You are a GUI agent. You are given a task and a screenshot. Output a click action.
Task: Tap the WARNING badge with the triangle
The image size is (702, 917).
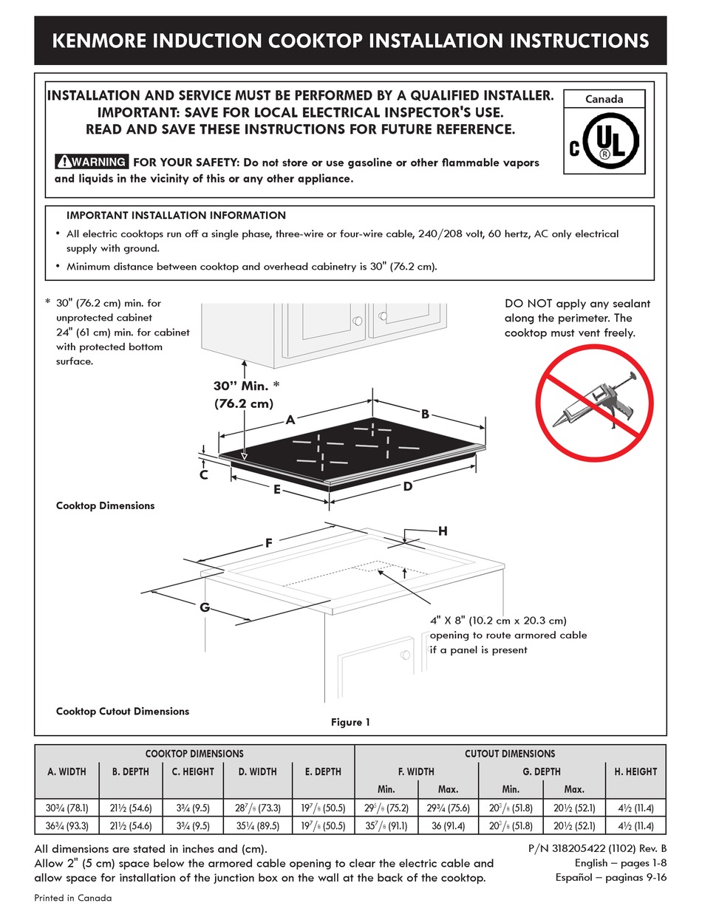click(92, 162)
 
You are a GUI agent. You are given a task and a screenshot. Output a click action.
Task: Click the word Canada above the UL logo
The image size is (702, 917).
click(604, 99)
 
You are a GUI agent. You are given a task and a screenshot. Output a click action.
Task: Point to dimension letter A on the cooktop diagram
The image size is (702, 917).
click(290, 420)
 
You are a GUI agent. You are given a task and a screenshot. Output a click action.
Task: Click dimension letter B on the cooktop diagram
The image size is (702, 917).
click(426, 415)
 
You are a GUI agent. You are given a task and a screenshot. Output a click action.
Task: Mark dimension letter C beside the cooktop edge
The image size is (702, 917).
click(203, 474)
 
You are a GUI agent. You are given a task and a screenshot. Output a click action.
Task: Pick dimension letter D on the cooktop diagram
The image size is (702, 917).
click(407, 486)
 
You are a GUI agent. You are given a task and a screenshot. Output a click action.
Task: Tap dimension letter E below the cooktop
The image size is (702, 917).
click(276, 488)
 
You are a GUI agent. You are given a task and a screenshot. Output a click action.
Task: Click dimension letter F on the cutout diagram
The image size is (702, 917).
click(270, 543)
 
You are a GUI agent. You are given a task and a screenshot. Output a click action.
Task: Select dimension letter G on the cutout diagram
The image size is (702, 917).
click(205, 607)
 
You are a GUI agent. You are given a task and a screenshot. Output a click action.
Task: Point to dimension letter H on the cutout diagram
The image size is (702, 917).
click(443, 531)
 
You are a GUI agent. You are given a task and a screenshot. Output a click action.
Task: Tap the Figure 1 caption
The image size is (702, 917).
click(350, 722)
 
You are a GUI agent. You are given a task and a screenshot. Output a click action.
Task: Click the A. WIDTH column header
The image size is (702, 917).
click(67, 771)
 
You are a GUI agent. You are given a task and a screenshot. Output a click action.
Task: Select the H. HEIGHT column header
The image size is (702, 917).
click(635, 771)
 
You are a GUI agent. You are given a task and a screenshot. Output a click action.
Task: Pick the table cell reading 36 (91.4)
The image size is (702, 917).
click(448, 826)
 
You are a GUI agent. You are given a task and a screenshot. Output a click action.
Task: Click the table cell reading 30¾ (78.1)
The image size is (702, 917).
click(67, 808)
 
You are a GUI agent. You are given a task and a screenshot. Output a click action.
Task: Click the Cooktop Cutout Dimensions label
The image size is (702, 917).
click(123, 711)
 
